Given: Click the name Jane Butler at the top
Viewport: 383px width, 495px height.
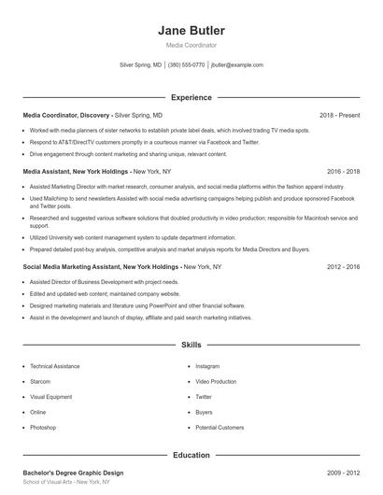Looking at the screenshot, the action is tap(191, 30).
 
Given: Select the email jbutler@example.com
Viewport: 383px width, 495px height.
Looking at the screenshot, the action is tap(237, 65).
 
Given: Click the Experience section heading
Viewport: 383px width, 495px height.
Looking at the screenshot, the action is tap(191, 97).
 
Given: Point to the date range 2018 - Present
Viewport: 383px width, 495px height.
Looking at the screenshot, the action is tap(339, 115).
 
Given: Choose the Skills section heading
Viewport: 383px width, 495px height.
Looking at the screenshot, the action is tap(191, 345).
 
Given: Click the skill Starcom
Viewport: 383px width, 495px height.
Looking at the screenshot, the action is tap(41, 381).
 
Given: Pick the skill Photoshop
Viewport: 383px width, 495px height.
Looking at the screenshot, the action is tap(43, 427).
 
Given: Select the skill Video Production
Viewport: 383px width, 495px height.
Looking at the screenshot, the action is tap(217, 381).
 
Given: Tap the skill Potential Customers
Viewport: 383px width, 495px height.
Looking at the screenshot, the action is tap(220, 427).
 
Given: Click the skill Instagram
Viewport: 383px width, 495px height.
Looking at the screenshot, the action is tap(207, 366).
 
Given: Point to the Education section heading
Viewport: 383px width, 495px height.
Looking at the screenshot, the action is tap(191, 455).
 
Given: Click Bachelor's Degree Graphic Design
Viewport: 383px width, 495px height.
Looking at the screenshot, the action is tap(73, 473).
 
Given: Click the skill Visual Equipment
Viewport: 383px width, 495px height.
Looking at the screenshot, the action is tap(50, 396).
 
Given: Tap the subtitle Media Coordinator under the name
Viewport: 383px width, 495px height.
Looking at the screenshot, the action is tap(191, 45).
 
